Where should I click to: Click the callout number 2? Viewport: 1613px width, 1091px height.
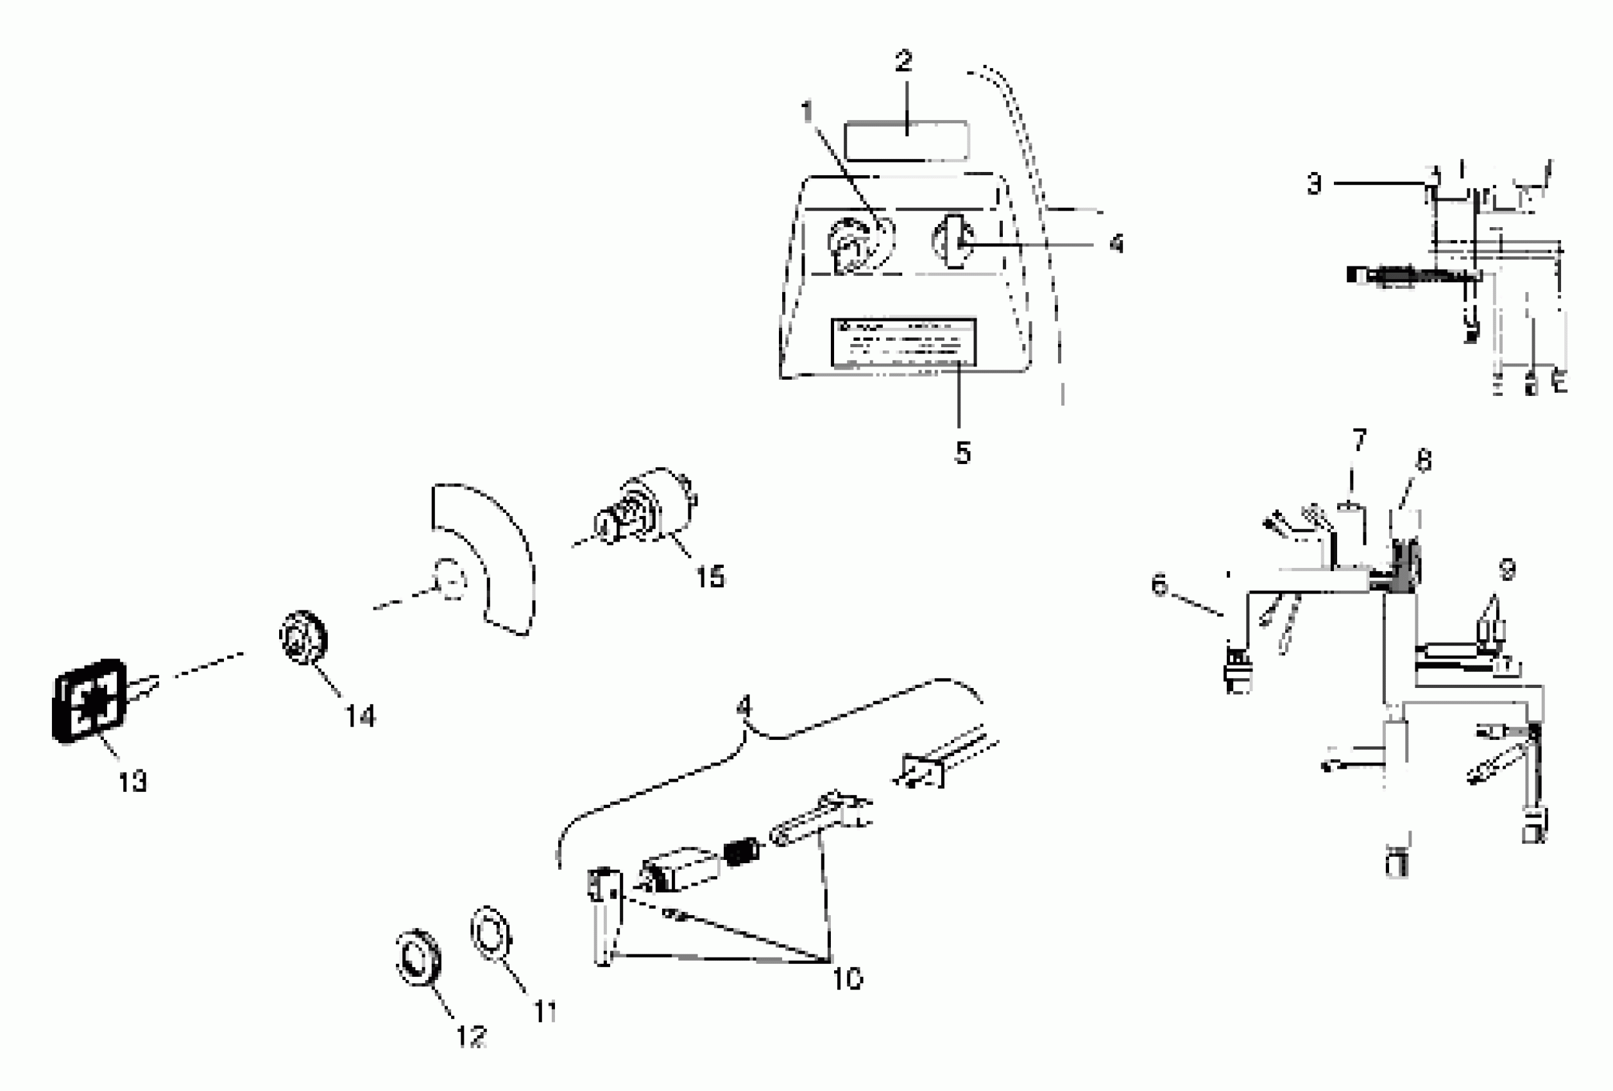903,62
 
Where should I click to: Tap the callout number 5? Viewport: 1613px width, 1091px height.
962,452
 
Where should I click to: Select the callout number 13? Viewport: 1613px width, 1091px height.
133,782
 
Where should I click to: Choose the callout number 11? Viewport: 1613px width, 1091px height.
545,1012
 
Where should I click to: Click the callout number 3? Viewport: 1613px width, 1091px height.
1314,184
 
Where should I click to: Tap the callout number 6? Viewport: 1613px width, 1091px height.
1160,585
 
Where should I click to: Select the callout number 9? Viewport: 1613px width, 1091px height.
1506,570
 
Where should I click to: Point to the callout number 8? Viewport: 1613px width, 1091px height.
1424,461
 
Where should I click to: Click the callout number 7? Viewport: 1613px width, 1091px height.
1359,440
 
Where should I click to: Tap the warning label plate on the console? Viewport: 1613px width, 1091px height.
903,342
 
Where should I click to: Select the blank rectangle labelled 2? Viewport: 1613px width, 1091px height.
907,141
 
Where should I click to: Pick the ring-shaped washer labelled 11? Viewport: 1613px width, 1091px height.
491,934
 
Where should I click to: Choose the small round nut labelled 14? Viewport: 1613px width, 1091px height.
303,637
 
